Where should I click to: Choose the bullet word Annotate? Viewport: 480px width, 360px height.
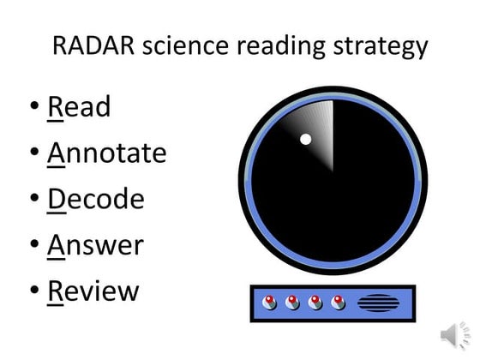click(x=106, y=153)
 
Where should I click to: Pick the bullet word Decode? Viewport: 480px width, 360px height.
click(x=95, y=199)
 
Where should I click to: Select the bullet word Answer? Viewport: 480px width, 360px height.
click(x=95, y=245)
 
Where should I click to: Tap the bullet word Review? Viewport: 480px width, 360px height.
click(x=93, y=291)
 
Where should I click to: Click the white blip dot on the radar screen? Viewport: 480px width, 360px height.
click(x=304, y=139)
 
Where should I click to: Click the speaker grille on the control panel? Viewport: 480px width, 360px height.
click(x=378, y=303)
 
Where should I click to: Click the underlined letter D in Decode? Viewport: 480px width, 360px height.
click(x=57, y=199)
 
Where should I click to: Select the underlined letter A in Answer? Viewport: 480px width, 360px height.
click(x=57, y=245)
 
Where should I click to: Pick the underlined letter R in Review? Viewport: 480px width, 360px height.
click(x=56, y=291)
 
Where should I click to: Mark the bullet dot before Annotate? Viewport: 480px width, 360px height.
click(x=33, y=154)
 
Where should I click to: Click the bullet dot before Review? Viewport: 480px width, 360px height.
click(x=33, y=291)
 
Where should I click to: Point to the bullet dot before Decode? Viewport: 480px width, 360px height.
click(x=33, y=200)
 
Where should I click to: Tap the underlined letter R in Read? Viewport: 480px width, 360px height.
click(x=56, y=107)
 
